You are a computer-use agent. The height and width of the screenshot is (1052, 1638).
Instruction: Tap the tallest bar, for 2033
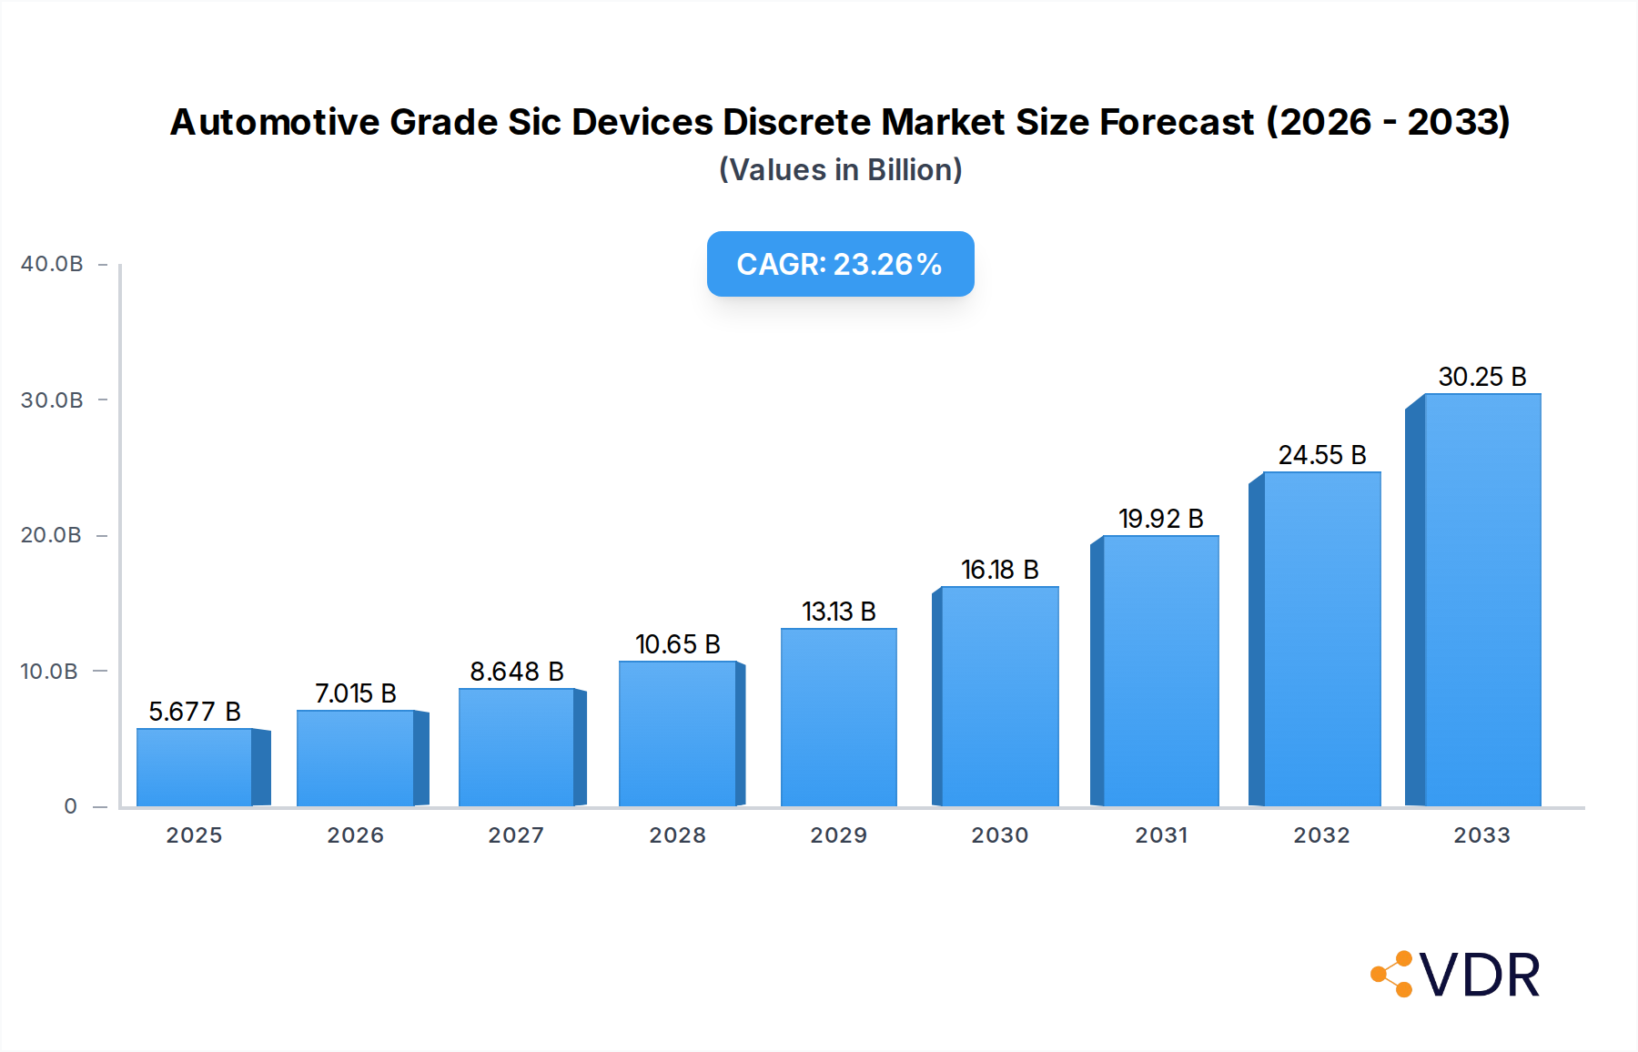(1481, 601)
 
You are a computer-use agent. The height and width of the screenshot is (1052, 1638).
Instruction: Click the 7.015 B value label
(356, 693)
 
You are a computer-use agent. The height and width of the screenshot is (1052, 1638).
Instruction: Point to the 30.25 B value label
(1481, 377)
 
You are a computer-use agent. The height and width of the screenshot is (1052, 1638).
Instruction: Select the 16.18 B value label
(999, 570)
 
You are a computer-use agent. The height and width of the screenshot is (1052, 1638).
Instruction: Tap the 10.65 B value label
(678, 644)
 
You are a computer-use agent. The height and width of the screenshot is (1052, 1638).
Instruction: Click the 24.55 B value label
(1321, 455)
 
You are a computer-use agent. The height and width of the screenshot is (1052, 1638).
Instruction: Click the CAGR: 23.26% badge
(840, 264)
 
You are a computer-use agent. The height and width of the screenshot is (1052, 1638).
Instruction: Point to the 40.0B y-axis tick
(52, 264)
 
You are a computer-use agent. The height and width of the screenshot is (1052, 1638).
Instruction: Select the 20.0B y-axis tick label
(52, 535)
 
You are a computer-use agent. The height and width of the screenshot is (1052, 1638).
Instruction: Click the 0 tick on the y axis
(71, 806)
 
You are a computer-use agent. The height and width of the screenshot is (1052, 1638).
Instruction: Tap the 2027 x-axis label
(516, 835)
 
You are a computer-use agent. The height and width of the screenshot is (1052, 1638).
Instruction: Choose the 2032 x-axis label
(1321, 835)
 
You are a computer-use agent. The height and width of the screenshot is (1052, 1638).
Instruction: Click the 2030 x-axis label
(999, 835)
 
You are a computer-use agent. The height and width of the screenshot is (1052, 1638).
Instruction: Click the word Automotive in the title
(274, 122)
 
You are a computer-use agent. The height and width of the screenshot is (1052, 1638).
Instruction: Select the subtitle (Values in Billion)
(840, 170)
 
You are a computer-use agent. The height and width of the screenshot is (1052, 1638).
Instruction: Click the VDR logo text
(1480, 976)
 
